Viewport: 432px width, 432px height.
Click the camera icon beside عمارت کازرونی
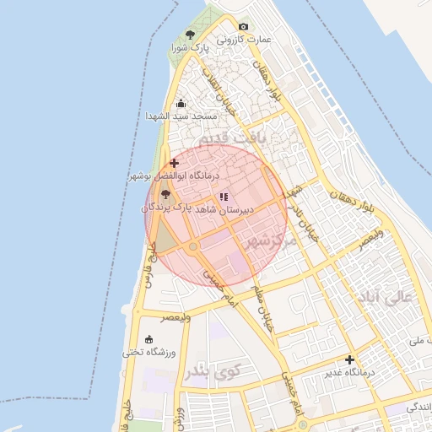tap(244, 27)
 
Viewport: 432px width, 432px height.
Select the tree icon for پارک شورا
tap(190, 35)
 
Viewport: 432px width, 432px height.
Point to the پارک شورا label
tap(190, 49)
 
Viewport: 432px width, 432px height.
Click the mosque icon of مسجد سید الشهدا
tap(180, 104)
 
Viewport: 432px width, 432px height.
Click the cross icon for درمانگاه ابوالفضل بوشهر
tap(174, 162)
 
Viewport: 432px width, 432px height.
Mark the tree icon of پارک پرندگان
tap(164, 194)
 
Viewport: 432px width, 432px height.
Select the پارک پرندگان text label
tap(167, 206)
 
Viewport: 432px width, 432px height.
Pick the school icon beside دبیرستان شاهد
tap(223, 197)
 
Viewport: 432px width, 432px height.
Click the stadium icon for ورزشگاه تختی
tap(149, 339)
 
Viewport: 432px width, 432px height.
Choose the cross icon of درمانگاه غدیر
tap(349, 359)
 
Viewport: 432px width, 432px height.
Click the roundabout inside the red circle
tap(193, 247)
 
